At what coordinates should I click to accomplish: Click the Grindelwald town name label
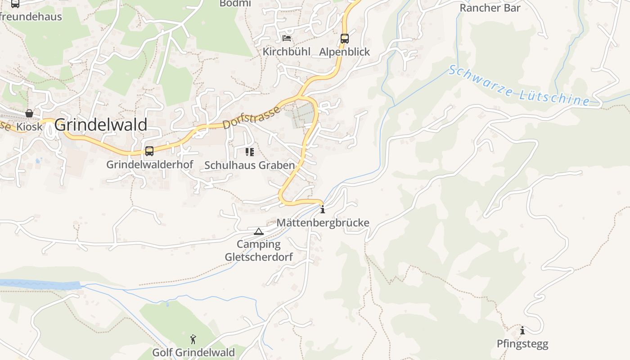click(x=101, y=125)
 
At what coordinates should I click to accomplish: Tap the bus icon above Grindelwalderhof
click(x=149, y=151)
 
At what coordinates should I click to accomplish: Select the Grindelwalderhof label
click(x=149, y=165)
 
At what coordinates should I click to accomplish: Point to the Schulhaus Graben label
click(x=250, y=165)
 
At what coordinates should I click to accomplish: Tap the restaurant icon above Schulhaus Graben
click(x=250, y=152)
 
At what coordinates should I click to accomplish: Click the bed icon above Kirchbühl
click(x=287, y=38)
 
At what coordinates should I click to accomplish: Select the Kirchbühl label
click(x=287, y=52)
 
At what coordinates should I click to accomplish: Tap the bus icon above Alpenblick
click(x=345, y=39)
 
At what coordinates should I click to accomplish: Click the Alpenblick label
click(x=345, y=52)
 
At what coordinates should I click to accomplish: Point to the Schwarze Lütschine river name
click(x=519, y=87)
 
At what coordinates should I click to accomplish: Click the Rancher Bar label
click(x=490, y=8)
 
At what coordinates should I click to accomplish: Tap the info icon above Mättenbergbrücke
click(x=323, y=209)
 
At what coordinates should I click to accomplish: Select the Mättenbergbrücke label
click(x=323, y=223)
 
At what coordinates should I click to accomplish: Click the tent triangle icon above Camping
click(x=259, y=232)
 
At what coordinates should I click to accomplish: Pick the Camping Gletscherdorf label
click(x=259, y=251)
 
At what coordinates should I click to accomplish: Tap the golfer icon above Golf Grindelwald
click(x=193, y=339)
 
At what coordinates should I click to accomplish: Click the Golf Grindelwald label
click(x=193, y=352)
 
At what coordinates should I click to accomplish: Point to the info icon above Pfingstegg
click(x=522, y=331)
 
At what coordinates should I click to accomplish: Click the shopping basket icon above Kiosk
click(x=29, y=113)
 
